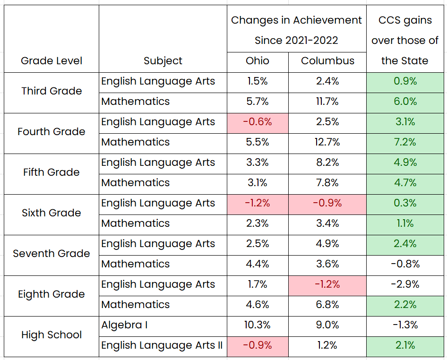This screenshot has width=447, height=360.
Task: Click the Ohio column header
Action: [x=258, y=61]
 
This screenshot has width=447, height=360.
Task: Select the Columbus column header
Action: [x=327, y=61]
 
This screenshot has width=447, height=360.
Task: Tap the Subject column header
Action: [x=163, y=61]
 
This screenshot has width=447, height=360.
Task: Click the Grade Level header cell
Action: [x=52, y=61]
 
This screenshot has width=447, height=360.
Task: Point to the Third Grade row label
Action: [x=52, y=91]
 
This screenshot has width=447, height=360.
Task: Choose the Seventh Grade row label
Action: [x=52, y=254]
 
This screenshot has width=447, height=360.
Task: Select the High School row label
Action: [x=52, y=335]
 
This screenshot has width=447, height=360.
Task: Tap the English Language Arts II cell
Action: [x=162, y=345]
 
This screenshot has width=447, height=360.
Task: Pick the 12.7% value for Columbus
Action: [x=327, y=142]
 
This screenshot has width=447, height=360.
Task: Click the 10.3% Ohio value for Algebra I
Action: [x=258, y=325]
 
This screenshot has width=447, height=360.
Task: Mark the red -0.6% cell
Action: [x=258, y=122]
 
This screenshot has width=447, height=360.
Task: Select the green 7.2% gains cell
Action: [x=405, y=142]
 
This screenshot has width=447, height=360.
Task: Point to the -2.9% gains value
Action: [x=405, y=284]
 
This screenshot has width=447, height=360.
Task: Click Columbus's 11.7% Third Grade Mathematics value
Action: [x=327, y=102]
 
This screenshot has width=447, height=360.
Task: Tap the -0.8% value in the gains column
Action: [x=405, y=264]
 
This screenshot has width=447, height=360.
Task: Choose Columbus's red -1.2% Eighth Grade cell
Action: [x=327, y=284]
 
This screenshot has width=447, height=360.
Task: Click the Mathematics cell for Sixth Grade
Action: [x=136, y=223]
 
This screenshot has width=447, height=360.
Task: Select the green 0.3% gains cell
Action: [x=405, y=203]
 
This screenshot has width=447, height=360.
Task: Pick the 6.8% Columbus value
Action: [x=327, y=305]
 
